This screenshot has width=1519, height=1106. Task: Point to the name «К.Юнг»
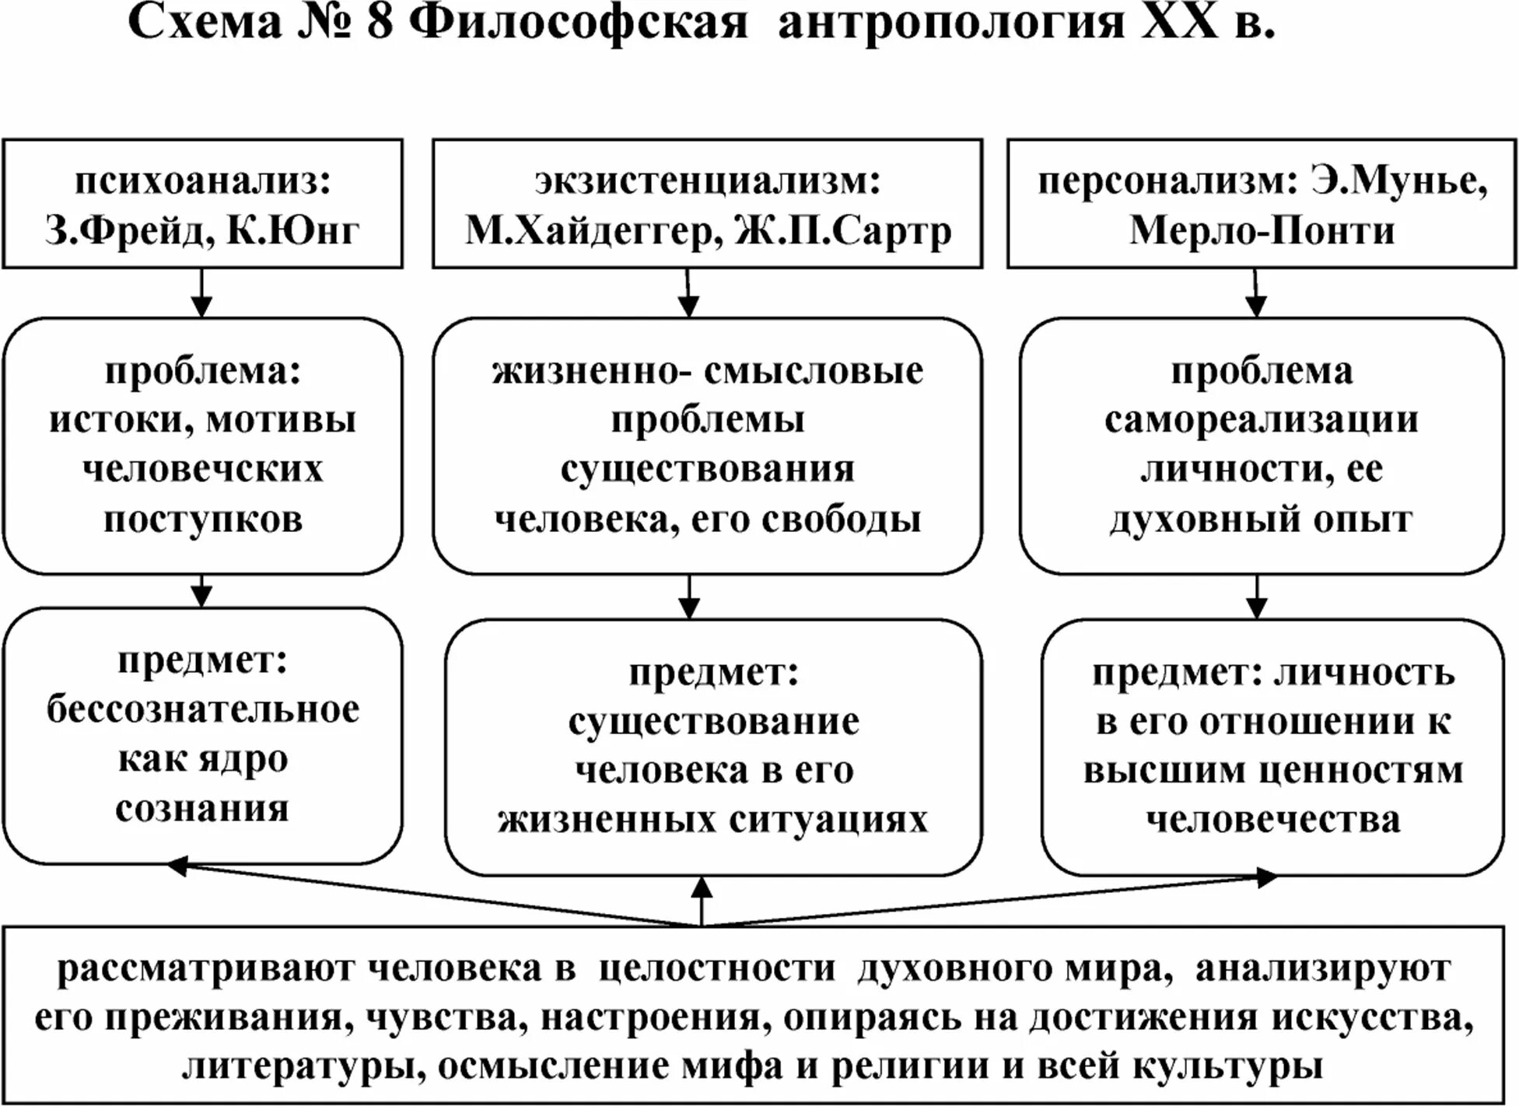tap(293, 230)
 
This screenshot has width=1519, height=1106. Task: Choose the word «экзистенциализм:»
tap(707, 180)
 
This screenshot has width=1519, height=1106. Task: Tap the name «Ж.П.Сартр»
tap(843, 230)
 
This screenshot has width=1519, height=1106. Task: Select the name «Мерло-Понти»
tap(1262, 230)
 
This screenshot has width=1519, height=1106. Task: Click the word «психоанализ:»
tap(202, 180)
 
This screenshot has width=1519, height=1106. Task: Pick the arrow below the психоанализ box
tap(202, 293)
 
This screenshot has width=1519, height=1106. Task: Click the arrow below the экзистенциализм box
tap(688, 293)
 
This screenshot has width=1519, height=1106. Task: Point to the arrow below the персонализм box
tap(1256, 293)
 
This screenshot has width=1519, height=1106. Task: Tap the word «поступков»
tap(202, 519)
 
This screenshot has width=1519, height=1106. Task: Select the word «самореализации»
tap(1261, 420)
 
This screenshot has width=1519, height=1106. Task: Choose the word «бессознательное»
tap(202, 709)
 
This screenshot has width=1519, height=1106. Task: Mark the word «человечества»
tap(1272, 820)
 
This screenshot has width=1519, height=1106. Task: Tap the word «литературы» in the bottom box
tap(303, 1066)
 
